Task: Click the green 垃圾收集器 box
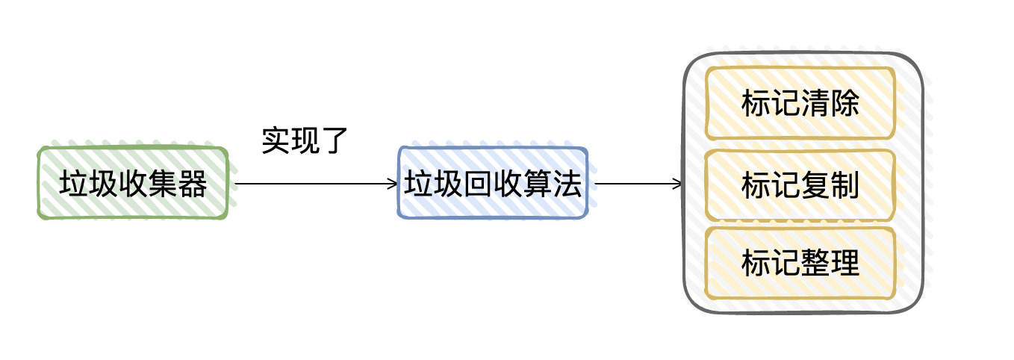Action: [133, 183]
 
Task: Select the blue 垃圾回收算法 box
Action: [493, 183]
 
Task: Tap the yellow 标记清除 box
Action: [800, 103]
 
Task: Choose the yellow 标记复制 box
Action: [800, 185]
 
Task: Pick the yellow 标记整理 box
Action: [800, 263]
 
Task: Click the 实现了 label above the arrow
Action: [305, 140]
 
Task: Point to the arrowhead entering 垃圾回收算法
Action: [393, 184]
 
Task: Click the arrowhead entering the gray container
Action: [677, 184]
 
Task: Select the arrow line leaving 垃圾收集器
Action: [316, 184]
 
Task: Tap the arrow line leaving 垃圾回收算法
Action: [638, 184]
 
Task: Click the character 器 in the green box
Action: [193, 184]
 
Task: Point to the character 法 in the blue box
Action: [567, 184]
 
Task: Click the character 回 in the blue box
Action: [479, 184]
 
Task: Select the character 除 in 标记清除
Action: [845, 103]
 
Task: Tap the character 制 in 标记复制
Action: [845, 185]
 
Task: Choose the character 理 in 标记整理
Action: [845, 263]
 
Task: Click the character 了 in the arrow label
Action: [334, 141]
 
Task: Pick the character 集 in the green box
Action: [163, 184]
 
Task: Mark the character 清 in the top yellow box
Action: [815, 103]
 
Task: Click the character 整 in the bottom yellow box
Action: [815, 263]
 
